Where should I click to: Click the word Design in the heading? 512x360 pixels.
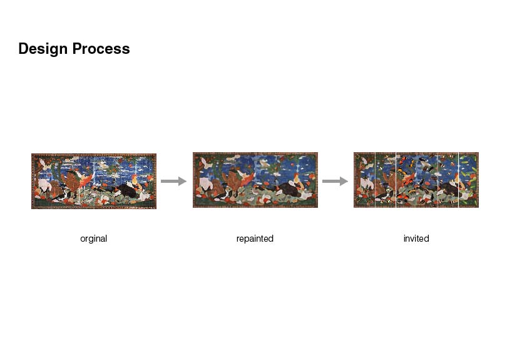(43, 49)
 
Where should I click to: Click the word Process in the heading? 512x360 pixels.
(101, 49)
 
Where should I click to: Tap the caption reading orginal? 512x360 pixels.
(94, 239)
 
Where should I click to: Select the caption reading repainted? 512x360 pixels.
(255, 239)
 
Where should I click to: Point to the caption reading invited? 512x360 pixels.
(416, 239)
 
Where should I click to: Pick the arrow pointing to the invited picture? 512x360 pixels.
(335, 181)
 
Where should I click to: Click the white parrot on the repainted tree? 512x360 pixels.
(206, 162)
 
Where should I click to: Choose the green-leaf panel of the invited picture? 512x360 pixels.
(469, 180)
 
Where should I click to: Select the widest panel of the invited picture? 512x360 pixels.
(417, 180)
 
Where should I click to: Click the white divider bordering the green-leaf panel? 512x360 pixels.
(459, 180)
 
